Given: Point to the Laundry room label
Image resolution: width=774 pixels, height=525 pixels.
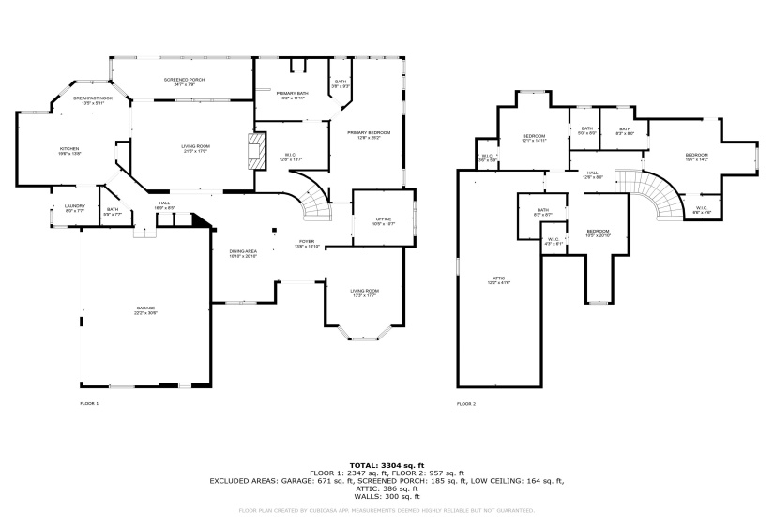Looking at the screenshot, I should point(76,207).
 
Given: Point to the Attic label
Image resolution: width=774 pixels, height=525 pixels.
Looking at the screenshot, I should point(499,279).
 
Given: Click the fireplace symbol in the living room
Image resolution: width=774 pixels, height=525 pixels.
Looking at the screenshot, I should point(251,150).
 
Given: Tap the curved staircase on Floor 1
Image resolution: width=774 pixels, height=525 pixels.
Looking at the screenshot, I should point(317,200).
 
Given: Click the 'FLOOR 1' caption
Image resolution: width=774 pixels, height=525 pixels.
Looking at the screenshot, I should point(89,403).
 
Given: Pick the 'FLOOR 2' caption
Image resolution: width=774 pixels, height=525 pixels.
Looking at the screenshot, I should point(466,404).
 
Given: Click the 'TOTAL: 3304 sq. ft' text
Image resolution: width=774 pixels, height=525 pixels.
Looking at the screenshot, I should point(387,465).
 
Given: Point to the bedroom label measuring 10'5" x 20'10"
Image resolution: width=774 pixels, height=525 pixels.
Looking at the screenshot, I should point(599,232).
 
